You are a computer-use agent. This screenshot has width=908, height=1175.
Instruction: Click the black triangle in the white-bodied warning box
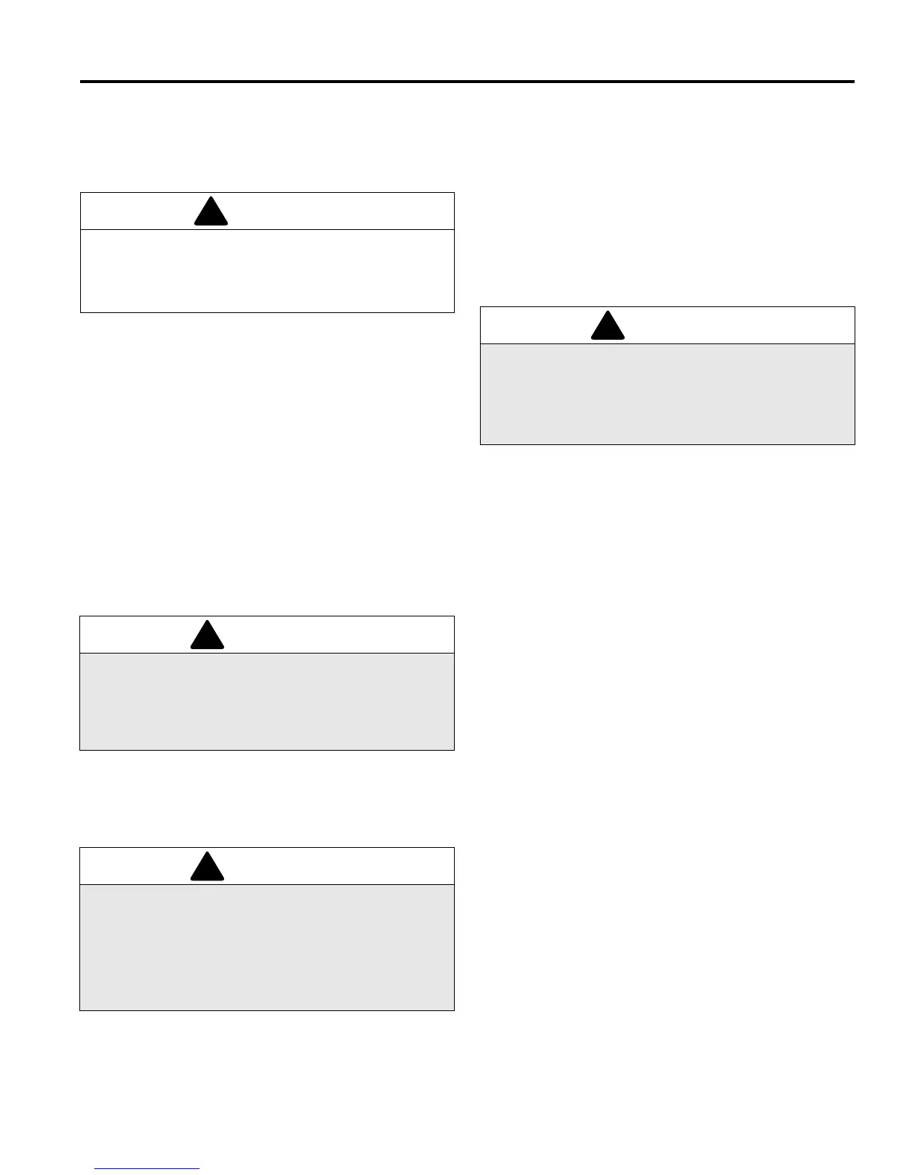pyautogui.click(x=211, y=214)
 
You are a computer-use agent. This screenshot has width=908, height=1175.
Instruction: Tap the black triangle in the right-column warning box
pyautogui.click(x=608, y=328)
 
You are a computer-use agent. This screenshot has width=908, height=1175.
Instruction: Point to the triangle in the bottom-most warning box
pyautogui.click(x=207, y=869)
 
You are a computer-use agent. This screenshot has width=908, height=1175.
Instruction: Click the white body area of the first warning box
pyautogui.click(x=267, y=271)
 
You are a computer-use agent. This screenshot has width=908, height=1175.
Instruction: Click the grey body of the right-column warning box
pyautogui.click(x=668, y=394)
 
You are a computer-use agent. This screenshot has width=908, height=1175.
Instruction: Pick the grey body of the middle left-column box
pyautogui.click(x=267, y=701)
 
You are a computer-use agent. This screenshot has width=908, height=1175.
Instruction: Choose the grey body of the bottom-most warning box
pyautogui.click(x=267, y=947)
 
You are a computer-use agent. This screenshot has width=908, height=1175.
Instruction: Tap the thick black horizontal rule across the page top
pyautogui.click(x=467, y=82)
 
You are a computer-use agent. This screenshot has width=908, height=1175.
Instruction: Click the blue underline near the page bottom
pyautogui.click(x=147, y=1169)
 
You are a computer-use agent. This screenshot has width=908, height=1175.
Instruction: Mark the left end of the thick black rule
pyautogui.click(x=82, y=82)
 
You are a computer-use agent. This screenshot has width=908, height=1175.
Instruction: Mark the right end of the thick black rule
pyautogui.click(x=853, y=82)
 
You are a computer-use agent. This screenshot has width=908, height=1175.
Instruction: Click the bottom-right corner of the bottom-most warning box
pyautogui.click(x=453, y=1010)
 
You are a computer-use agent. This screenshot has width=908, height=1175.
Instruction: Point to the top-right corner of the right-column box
pyautogui.click(x=855, y=307)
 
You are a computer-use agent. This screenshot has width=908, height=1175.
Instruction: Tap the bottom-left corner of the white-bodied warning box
pyautogui.click(x=81, y=312)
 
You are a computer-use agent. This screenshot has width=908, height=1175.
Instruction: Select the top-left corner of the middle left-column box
pyautogui.click(x=80, y=616)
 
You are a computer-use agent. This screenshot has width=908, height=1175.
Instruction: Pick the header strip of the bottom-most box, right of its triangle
pyautogui.click(x=334, y=866)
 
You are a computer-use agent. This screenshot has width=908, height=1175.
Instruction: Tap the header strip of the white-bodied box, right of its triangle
pyautogui.click(x=334, y=211)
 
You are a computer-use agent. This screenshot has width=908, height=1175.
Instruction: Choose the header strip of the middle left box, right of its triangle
pyautogui.click(x=334, y=635)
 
